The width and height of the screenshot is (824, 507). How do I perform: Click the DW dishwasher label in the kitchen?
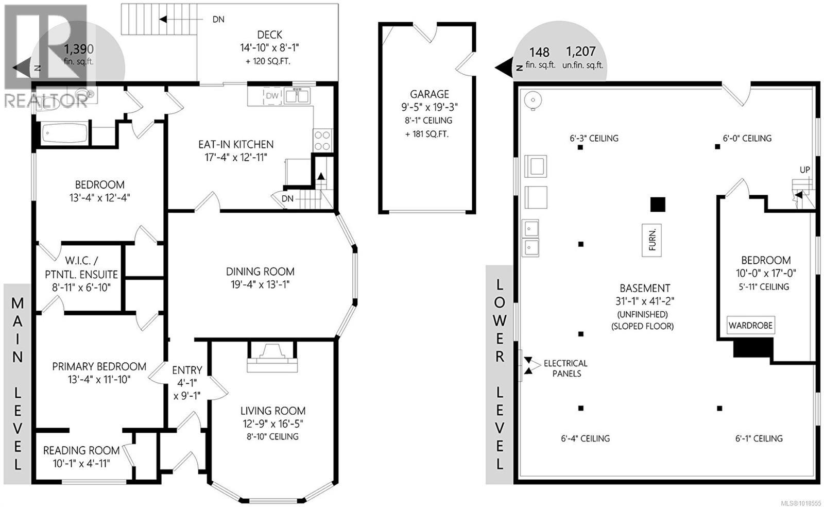(272, 96)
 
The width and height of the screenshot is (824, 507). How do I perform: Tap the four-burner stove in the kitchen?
(322, 140)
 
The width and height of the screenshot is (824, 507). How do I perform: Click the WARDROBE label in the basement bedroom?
(750, 326)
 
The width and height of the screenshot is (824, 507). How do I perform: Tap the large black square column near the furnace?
(658, 205)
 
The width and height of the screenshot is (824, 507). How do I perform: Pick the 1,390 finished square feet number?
(78, 49)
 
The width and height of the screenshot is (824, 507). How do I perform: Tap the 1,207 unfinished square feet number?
(580, 52)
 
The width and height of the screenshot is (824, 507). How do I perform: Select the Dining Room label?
(260, 272)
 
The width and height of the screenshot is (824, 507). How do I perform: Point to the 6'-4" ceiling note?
(585, 438)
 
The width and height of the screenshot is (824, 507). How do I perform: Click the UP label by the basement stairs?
(804, 170)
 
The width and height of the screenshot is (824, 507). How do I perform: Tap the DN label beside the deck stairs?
(218, 20)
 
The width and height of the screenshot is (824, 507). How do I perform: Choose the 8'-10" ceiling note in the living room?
(272, 436)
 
